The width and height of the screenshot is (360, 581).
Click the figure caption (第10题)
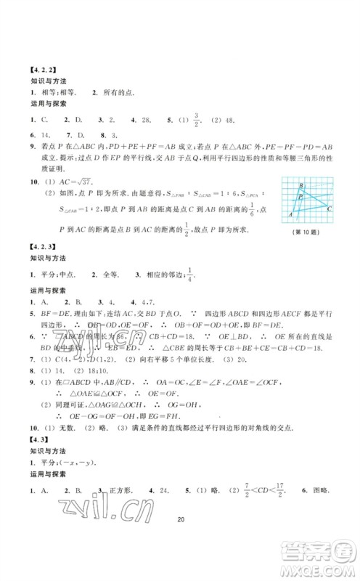(304, 232)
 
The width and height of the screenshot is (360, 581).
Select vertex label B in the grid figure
(300, 187)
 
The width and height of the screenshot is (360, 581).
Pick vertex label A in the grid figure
(292, 215)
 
